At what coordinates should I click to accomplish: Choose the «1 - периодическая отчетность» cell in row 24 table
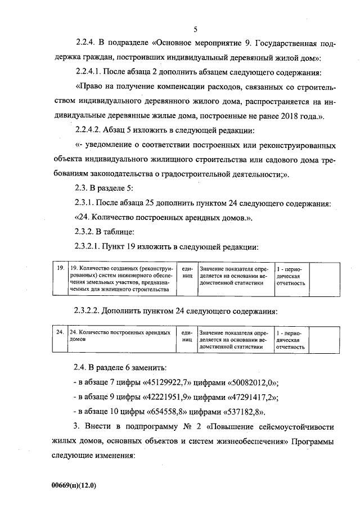click(291, 340)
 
